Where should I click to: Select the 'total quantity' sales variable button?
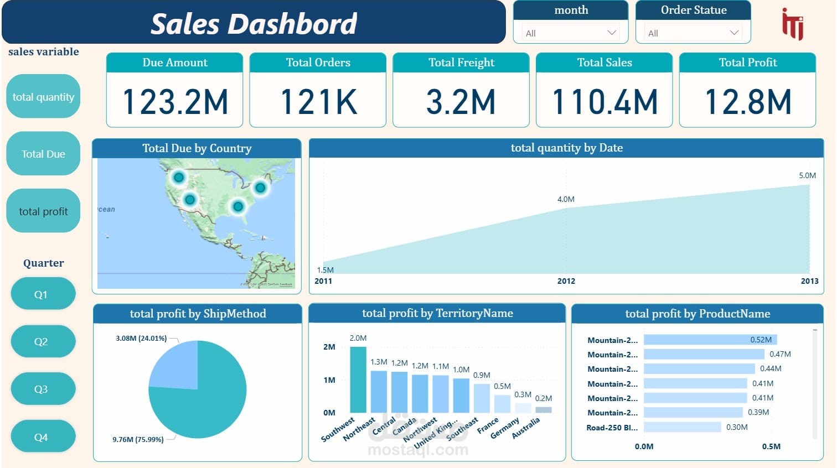(43, 97)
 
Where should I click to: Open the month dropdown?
(571, 33)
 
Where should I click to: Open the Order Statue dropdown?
(693, 33)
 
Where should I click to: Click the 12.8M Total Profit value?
(747, 102)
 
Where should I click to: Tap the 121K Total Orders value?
(318, 102)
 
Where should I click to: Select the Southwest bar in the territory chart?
(358, 379)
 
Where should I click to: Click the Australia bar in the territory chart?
(543, 410)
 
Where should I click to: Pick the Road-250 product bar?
(683, 427)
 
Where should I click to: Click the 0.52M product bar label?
(761, 340)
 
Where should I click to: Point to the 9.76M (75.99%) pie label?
(138, 439)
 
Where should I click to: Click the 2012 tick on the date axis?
(566, 281)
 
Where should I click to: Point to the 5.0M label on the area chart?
(807, 175)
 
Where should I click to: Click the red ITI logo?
(793, 24)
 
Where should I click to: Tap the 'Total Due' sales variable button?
(43, 154)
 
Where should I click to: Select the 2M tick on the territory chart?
(329, 347)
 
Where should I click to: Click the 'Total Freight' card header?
(461, 63)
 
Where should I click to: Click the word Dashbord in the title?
(293, 24)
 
